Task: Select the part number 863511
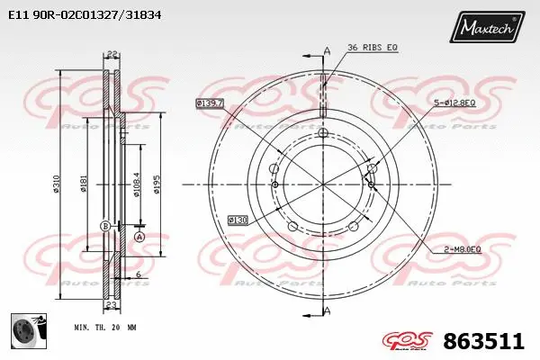coord(484,342)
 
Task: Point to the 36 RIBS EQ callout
coord(372,47)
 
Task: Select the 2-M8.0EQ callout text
coord(463,248)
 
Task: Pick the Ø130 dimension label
coord(237,219)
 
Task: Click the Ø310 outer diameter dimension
coord(57,184)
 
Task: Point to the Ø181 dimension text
coord(84,184)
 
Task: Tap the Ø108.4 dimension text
coord(136,184)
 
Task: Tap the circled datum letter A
coord(139,236)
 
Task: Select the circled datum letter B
coord(104,225)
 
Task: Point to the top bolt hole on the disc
coord(323,133)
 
